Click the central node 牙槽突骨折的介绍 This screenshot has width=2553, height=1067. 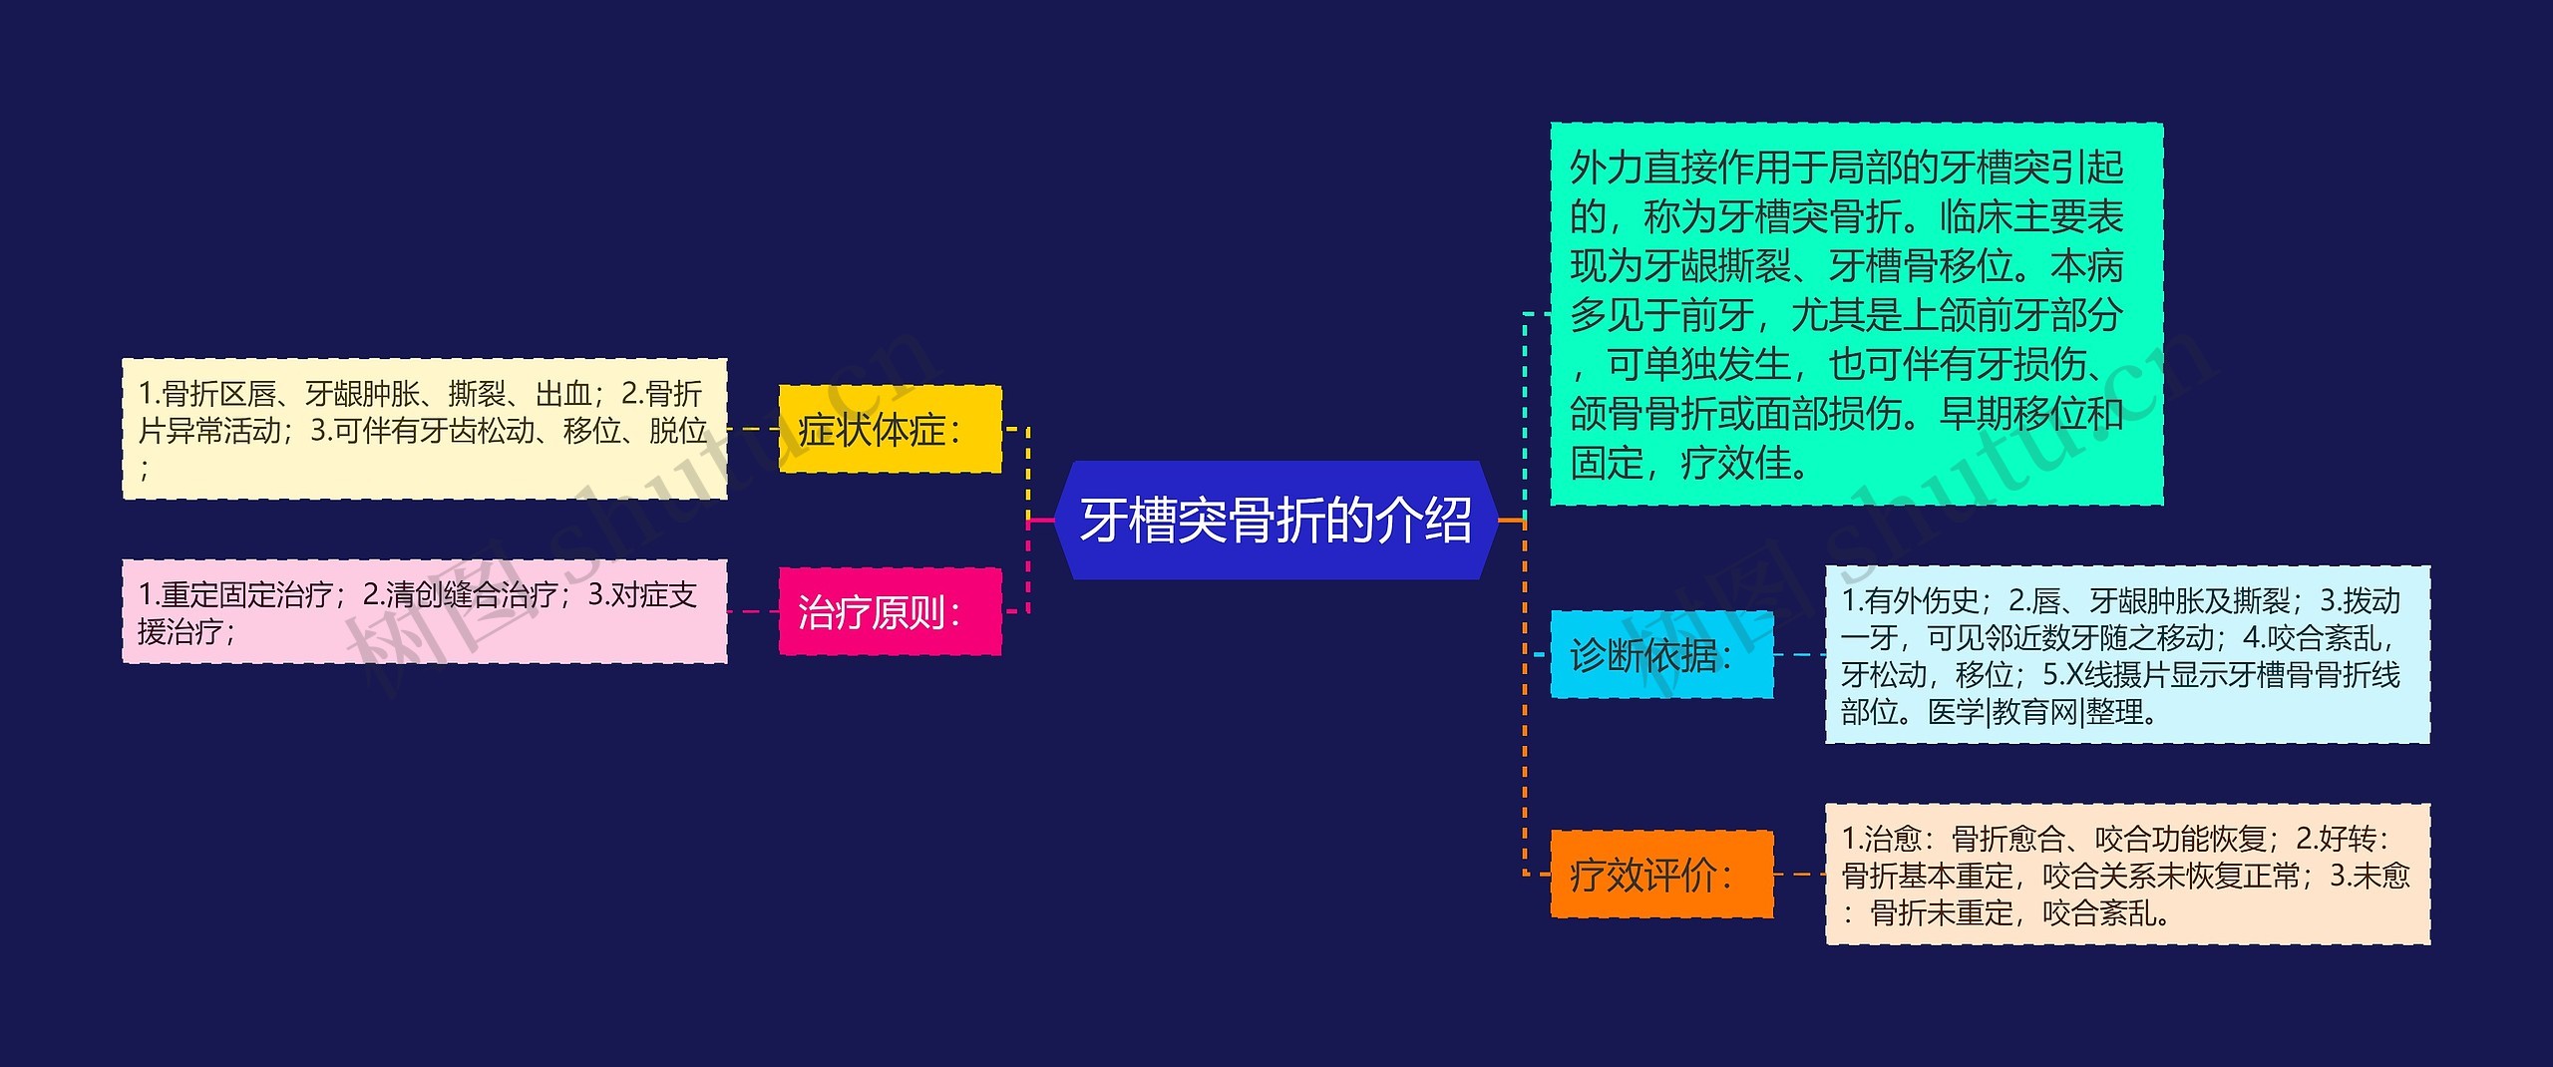[1276, 520]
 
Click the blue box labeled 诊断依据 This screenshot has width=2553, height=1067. [1661, 654]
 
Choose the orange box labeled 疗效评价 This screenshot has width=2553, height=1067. [1661, 875]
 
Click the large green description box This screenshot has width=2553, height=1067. [1855, 313]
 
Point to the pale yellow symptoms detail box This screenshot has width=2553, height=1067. [425, 429]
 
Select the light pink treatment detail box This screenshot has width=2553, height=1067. [425, 611]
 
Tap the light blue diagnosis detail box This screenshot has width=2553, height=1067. [2126, 654]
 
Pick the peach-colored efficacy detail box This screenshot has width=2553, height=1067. [2126, 875]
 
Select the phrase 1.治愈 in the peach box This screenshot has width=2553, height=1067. [1881, 839]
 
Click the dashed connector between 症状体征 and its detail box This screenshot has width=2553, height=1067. [753, 429]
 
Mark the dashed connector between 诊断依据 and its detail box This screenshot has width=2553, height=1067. [1799, 654]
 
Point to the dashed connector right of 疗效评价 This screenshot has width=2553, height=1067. [1799, 875]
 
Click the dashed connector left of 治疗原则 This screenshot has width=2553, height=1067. [753, 611]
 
